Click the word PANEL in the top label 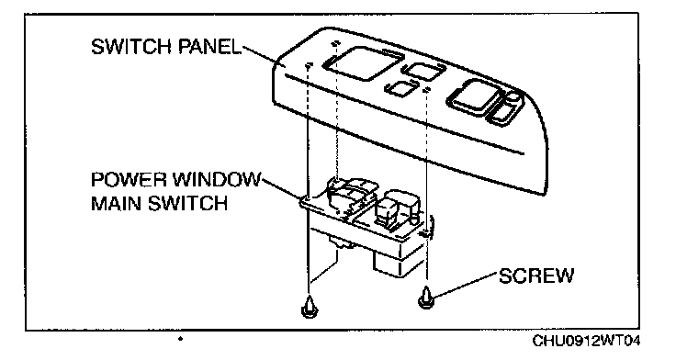click(209, 47)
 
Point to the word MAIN click(117, 203)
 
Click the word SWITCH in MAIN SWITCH click(187, 203)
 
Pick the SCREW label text click(536, 276)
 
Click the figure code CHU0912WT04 click(586, 341)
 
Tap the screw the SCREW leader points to click(425, 298)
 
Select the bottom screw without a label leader click(309, 307)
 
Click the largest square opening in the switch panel click(361, 63)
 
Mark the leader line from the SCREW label click(466, 285)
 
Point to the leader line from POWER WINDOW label click(282, 188)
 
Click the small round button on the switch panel click(513, 98)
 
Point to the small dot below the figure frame click(180, 339)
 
